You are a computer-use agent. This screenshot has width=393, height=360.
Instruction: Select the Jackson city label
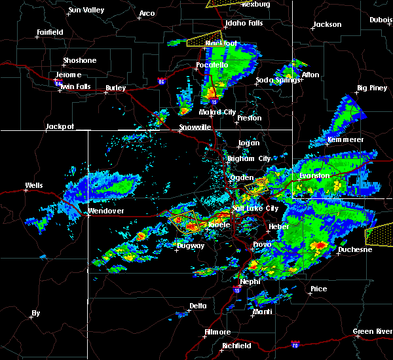pyautogui.click(x=327, y=25)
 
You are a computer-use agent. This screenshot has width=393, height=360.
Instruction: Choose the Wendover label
pyautogui.click(x=105, y=211)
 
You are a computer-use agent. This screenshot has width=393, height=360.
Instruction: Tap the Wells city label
pyautogui.click(x=33, y=185)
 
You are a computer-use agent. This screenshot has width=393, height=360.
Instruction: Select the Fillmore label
pyautogui.click(x=217, y=332)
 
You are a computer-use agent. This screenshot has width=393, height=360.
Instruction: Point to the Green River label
pyautogui.click(x=372, y=331)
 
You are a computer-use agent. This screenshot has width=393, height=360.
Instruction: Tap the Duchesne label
pyautogui.click(x=355, y=249)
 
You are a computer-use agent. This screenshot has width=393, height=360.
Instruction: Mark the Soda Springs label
pyautogui.click(x=278, y=80)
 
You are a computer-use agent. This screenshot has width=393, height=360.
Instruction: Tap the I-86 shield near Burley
pyautogui.click(x=161, y=81)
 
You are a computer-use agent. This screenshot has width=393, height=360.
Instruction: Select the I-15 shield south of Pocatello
pyautogui.click(x=214, y=102)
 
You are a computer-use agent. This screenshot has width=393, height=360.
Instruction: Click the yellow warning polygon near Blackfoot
pyautogui.click(x=204, y=39)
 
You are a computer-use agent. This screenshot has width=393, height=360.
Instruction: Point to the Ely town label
pyautogui.click(x=35, y=314)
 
